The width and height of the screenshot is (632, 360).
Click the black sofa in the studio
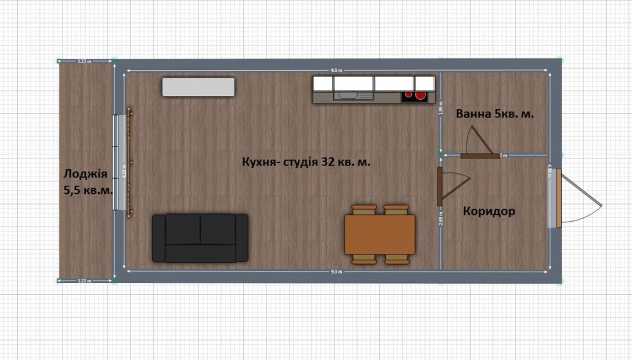200,237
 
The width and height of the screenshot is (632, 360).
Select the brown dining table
379,234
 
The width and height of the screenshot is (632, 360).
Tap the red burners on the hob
417,96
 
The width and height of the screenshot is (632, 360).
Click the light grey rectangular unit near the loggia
198,87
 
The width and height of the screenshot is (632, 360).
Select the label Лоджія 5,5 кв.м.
87,181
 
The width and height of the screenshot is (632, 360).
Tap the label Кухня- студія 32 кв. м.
306,162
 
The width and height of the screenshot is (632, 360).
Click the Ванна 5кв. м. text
495,114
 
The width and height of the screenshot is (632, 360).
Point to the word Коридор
489,211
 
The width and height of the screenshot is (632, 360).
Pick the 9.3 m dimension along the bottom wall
336,272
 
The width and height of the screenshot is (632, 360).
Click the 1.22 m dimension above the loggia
84,61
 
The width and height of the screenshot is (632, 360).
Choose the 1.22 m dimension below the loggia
84,280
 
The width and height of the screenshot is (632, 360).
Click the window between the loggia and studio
117,162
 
